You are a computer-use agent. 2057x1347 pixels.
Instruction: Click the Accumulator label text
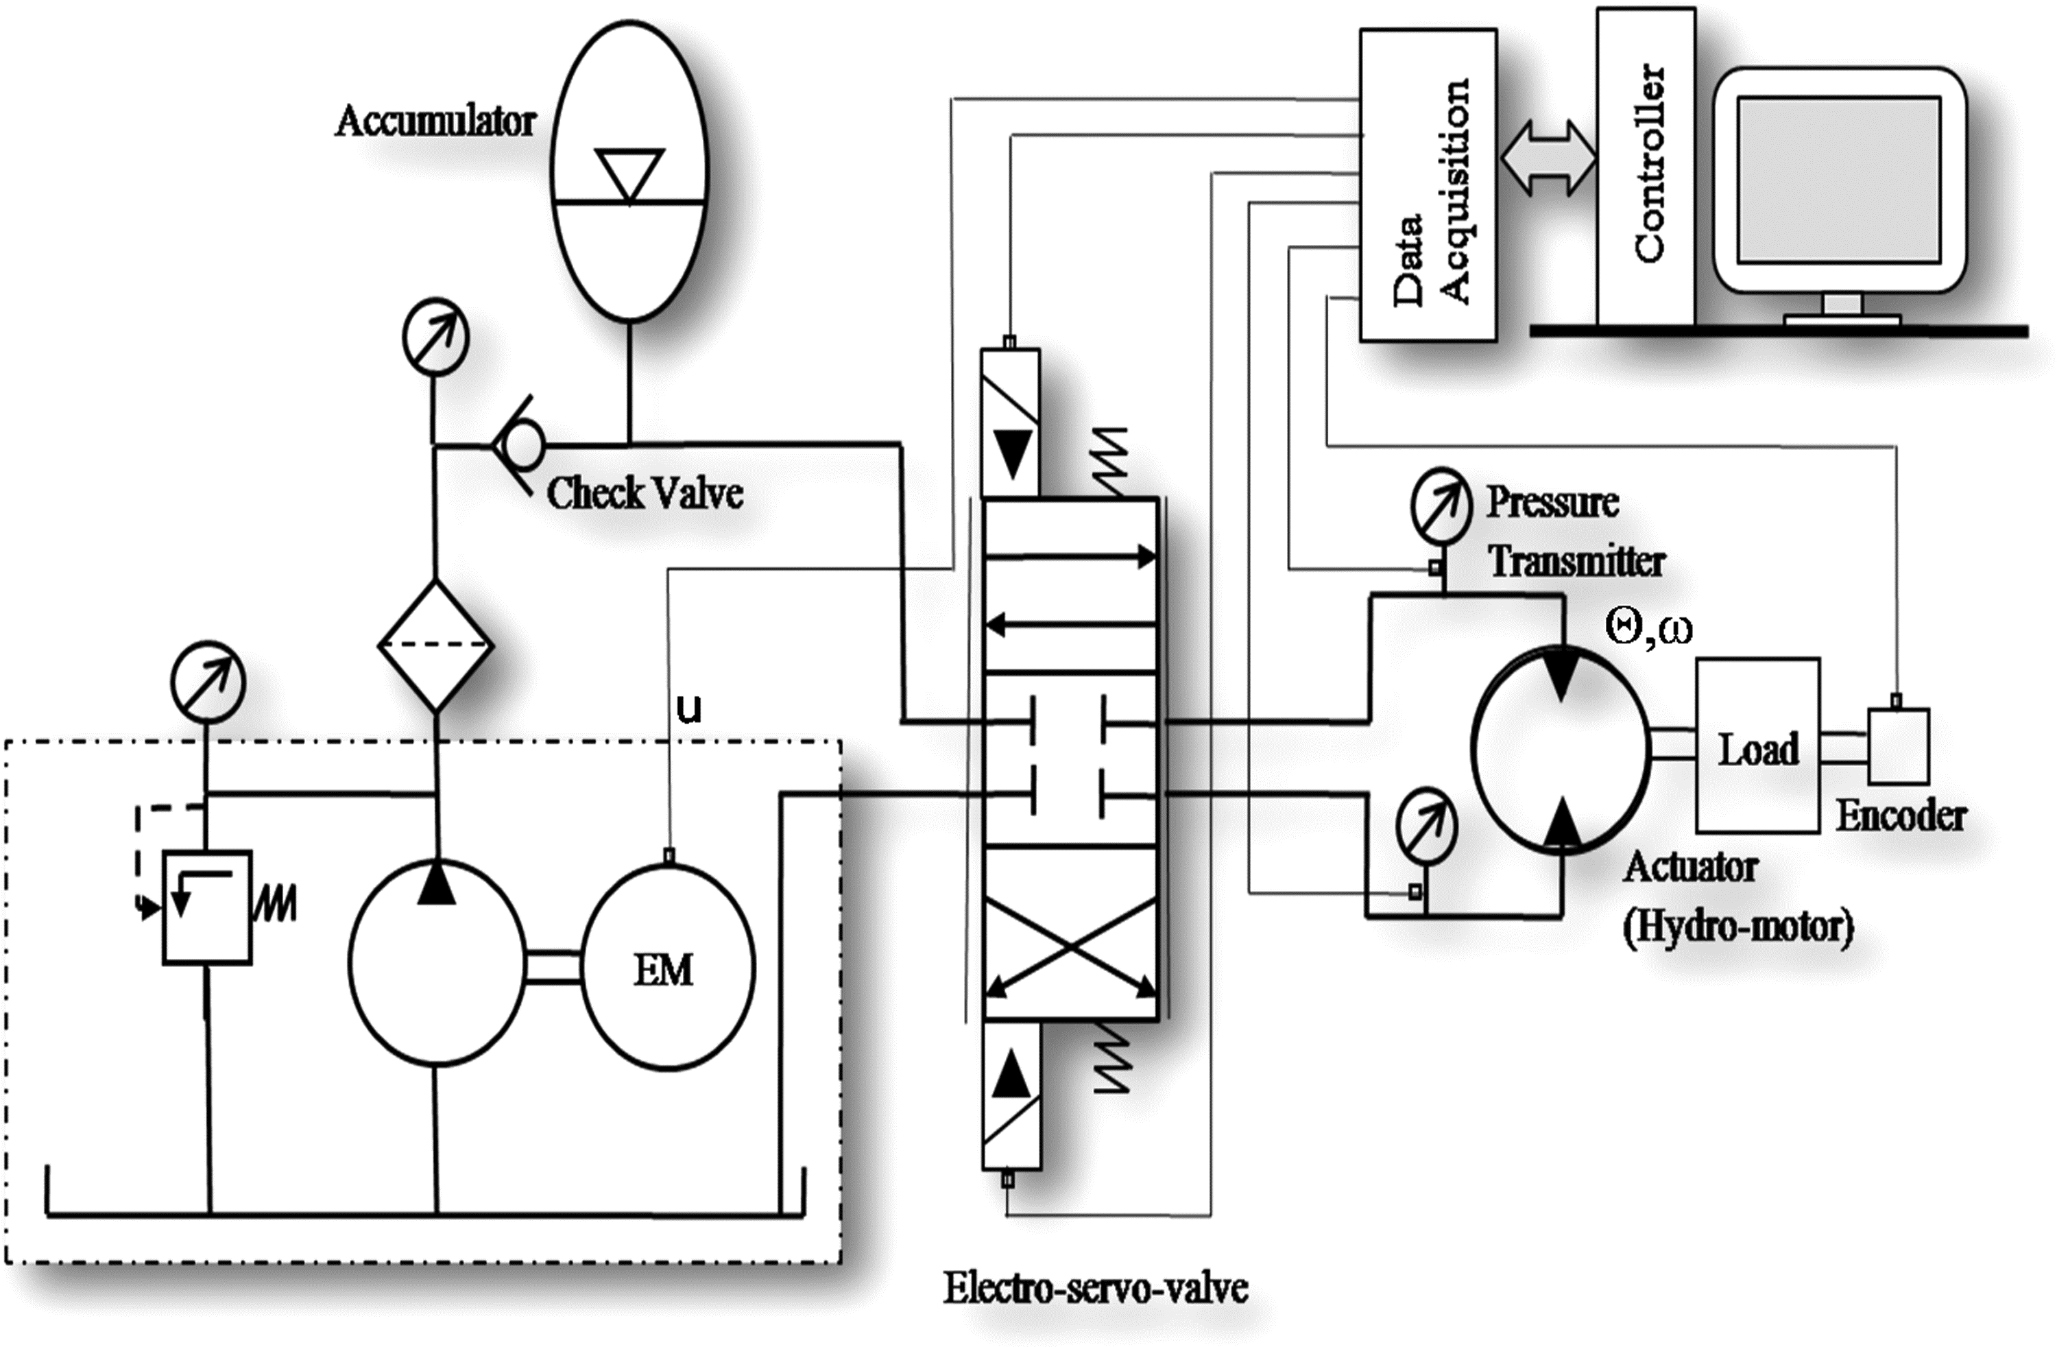point(435,121)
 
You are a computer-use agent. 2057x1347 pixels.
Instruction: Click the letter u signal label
point(689,709)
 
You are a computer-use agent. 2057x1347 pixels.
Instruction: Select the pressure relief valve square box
point(208,907)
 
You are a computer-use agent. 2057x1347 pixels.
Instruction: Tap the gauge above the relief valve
point(208,683)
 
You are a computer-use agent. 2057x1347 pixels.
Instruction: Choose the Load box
point(1758,746)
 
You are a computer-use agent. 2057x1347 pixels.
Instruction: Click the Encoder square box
point(1899,746)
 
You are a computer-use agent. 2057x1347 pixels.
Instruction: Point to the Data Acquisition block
point(1428,185)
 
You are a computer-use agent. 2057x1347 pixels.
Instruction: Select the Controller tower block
point(1645,168)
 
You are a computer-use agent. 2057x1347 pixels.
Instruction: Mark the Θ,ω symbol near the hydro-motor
point(1648,628)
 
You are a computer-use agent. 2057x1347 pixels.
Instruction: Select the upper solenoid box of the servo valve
point(1011,422)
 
